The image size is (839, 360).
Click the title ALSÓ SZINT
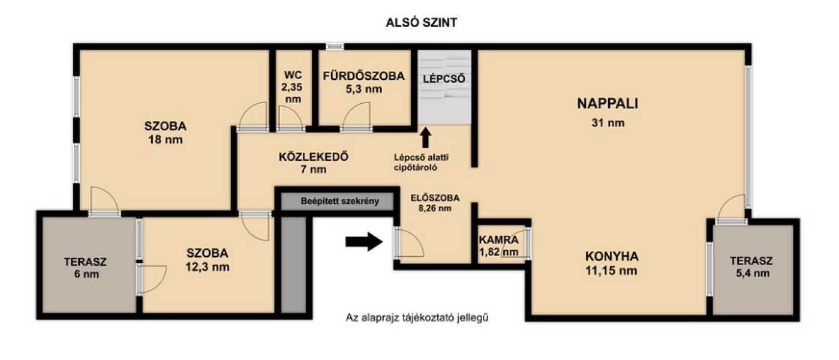point(422,22)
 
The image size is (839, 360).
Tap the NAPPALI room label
point(608,103)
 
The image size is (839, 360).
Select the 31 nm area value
point(608,123)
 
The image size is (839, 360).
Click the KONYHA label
point(612,257)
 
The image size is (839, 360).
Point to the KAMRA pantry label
point(498,239)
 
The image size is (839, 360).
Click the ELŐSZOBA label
point(435,198)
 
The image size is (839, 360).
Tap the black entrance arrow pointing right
point(364,242)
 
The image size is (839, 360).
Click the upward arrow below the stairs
point(425,138)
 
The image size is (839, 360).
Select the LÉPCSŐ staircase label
point(444,79)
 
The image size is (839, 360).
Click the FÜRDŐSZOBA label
point(363,76)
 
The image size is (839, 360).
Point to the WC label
point(293,75)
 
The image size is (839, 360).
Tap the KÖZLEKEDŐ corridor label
point(314,157)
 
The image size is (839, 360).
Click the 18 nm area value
point(165,140)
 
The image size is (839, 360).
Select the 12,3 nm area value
point(207,267)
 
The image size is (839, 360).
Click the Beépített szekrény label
point(339,201)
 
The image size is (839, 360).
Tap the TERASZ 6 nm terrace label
point(85,268)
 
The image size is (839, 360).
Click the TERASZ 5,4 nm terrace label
point(751,267)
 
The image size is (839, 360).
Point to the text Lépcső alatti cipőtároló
point(421,162)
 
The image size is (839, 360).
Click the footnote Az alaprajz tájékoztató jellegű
point(417,317)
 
